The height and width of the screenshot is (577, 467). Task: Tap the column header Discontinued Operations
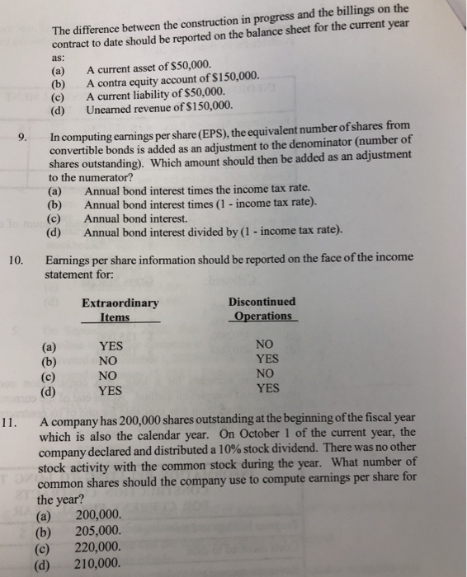click(262, 309)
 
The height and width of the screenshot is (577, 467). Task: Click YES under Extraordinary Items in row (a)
click(110, 346)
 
